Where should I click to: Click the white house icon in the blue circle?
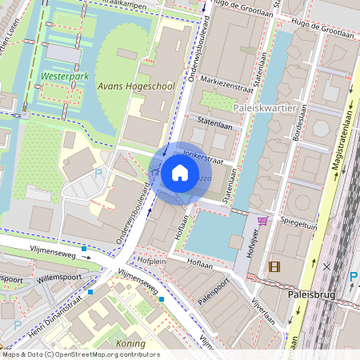pos(180,172)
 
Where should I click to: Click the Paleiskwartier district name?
pos(266,106)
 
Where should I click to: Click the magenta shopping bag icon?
pos(262,221)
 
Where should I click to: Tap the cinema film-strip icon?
pos(275,266)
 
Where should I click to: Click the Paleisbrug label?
pos(309,294)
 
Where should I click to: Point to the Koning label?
pos(130,342)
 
